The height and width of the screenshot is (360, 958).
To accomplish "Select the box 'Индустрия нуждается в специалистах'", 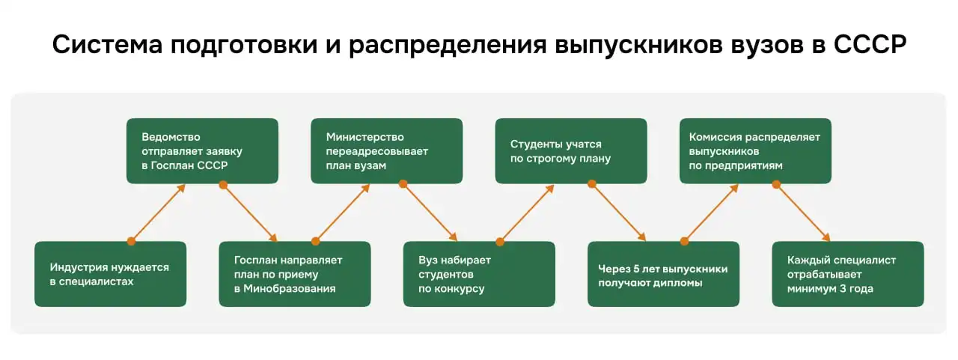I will pyautogui.click(x=110, y=274).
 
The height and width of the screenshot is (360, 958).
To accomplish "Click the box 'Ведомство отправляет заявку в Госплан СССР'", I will pyautogui.click(x=202, y=151).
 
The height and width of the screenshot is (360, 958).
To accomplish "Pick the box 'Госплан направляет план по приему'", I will pyautogui.click(x=294, y=274).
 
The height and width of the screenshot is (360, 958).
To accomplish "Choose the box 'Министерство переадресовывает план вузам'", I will pyautogui.click(x=386, y=151).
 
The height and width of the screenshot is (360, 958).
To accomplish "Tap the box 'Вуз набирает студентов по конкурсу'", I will pyautogui.click(x=479, y=274).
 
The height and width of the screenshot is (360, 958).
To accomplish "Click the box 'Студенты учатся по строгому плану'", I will pyautogui.click(x=570, y=151).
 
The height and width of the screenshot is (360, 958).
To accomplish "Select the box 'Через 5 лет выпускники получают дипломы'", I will pyautogui.click(x=663, y=274).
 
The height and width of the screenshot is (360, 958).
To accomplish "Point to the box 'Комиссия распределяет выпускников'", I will pyautogui.click(x=755, y=151).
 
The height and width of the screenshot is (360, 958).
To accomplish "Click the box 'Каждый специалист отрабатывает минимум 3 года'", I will pyautogui.click(x=847, y=274).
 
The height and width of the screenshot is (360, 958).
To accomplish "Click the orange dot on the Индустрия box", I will pyautogui.click(x=131, y=241).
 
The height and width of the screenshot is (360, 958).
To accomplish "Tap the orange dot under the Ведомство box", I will pyautogui.click(x=223, y=184).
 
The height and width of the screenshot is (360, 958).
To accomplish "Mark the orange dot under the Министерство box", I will pyautogui.click(x=403, y=184).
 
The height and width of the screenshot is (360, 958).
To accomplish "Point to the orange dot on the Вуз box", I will pyautogui.click(x=499, y=241).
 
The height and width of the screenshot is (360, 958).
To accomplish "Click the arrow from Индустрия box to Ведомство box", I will pyautogui.click(x=158, y=213).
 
